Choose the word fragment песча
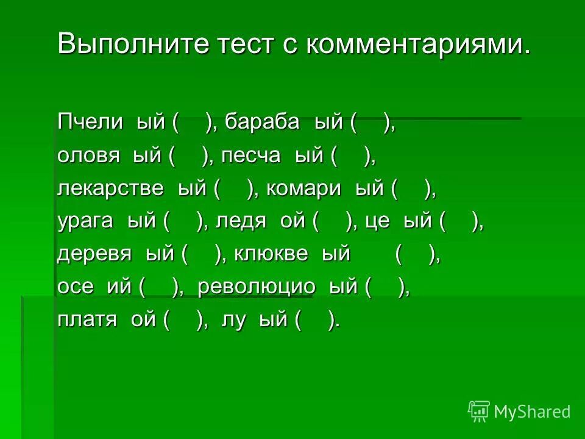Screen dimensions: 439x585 pos(250,155)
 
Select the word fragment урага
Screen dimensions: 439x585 pos(85,221)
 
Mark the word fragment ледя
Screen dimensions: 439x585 pos(241,221)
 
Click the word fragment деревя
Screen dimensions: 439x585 pos(94,254)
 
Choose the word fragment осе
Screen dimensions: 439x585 pos(76,287)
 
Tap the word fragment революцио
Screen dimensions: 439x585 pos(257,287)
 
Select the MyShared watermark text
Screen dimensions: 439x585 pos(532,412)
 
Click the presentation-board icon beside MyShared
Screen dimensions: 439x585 pos(479,411)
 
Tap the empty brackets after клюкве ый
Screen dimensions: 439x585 pos(417,254)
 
